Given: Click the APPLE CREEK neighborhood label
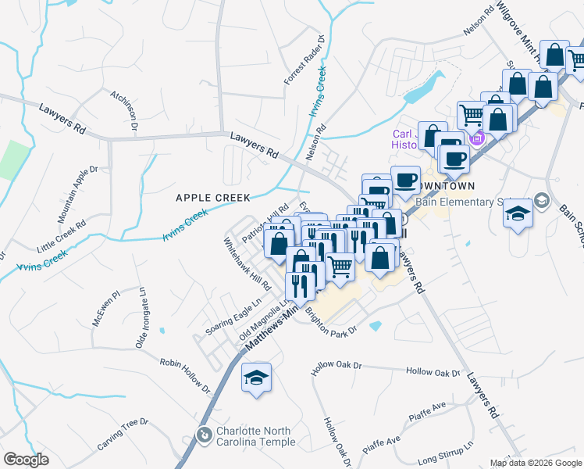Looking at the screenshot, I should click(201, 198).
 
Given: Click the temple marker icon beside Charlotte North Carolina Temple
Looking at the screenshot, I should click(205, 435).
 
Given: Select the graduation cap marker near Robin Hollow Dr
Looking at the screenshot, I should click(255, 378).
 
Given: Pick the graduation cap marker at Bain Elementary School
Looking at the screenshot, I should click(517, 214).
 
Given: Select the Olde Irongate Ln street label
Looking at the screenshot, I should click(142, 317).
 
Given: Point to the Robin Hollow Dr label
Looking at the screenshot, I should click(186, 374).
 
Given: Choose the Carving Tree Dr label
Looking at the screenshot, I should click(122, 433).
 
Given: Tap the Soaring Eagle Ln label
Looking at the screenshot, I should click(233, 320).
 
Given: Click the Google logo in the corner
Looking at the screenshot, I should click(26, 460).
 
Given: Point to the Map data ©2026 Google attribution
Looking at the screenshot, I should click(536, 463).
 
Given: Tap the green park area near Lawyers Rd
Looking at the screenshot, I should click(12, 159).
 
